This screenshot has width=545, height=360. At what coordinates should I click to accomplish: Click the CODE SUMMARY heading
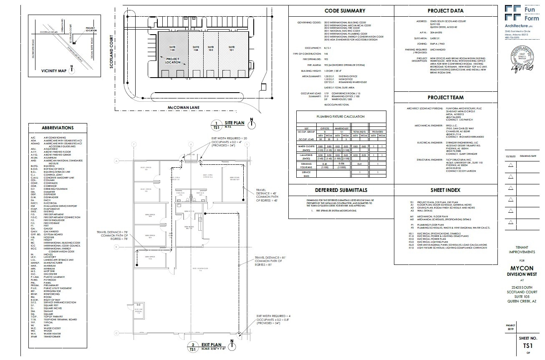(x=345, y=11)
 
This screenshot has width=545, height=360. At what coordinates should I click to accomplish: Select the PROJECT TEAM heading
(x=445, y=98)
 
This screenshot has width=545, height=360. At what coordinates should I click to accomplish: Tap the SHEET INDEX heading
(x=445, y=190)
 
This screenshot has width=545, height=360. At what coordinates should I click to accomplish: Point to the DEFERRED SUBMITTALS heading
(x=341, y=190)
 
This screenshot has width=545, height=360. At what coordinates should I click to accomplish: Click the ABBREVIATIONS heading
(x=58, y=128)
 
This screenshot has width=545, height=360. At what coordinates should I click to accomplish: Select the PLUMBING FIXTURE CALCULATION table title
(x=340, y=117)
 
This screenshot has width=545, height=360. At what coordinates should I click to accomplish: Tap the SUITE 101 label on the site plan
(x=232, y=49)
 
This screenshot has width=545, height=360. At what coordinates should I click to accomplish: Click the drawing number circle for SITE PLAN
(x=216, y=125)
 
